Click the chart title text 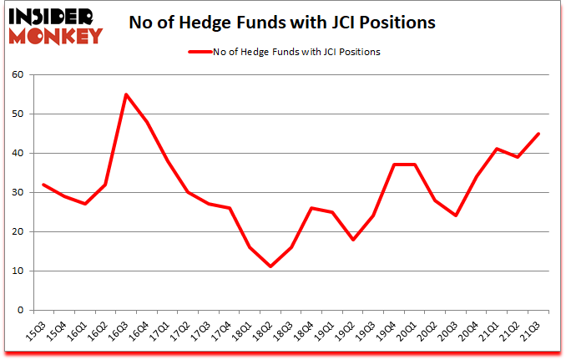coord(282,23)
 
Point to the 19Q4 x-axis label coord(387,333)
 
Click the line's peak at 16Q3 coord(126,94)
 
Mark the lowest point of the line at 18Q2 coord(270,266)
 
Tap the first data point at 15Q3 coord(43,185)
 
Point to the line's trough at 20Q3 coord(455,215)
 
